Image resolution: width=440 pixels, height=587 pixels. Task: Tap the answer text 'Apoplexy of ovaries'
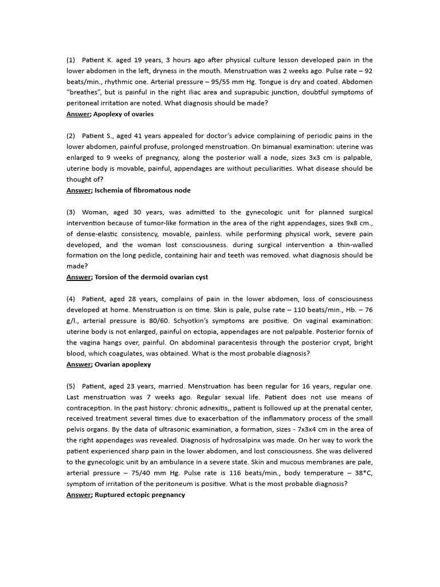(x=123, y=114)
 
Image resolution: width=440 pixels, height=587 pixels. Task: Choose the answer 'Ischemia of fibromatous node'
(x=143, y=190)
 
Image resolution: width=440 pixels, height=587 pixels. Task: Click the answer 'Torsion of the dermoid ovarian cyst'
(x=151, y=277)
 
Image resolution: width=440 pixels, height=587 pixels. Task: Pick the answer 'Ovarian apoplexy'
(x=123, y=364)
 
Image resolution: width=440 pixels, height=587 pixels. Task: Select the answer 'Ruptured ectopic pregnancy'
(x=140, y=495)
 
